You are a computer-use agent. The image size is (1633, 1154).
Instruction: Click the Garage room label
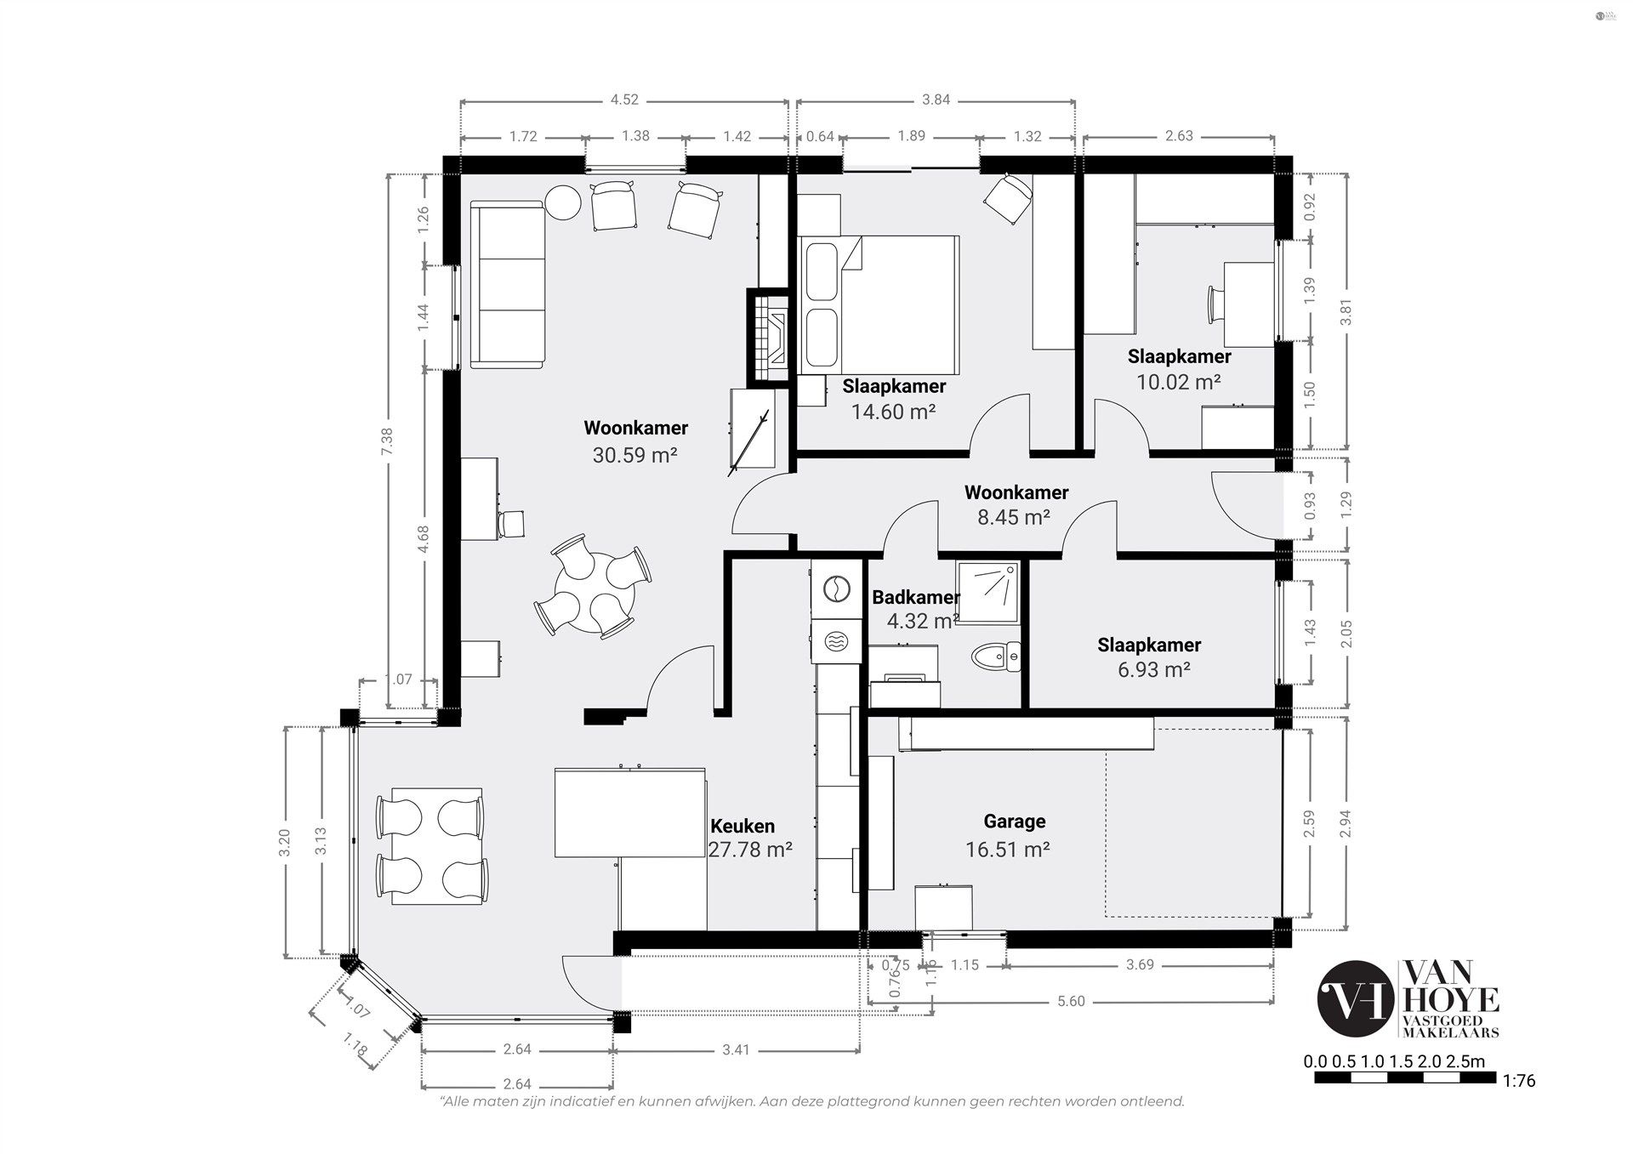coord(1014,821)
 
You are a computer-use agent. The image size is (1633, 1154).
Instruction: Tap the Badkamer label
coord(915,598)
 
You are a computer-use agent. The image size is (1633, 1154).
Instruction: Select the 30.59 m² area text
coord(634,455)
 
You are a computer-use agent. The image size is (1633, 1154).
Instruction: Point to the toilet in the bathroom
coord(996,657)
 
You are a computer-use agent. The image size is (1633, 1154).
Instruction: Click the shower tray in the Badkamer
coord(987,592)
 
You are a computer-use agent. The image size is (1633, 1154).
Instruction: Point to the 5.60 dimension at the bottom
coord(1071,1002)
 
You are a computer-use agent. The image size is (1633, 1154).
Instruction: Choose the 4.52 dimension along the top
coord(624,99)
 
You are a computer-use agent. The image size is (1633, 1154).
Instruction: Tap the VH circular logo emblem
coord(1356,999)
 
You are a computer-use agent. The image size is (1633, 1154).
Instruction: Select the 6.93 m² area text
coord(1153,670)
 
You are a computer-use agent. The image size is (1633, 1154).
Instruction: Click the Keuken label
coord(743,827)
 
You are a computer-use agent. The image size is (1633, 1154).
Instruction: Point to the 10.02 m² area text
coord(1179,382)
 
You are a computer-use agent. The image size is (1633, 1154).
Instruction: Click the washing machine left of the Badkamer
coord(836,588)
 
